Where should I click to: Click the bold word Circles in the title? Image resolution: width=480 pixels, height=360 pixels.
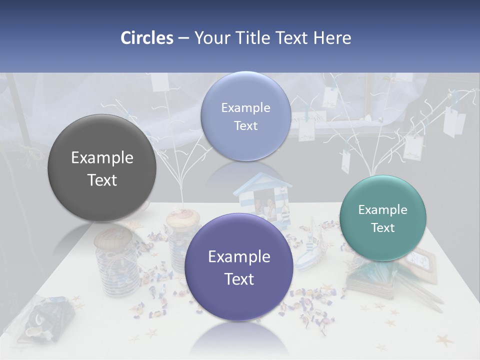click(x=146, y=38)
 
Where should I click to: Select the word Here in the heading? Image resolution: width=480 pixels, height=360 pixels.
click(x=332, y=38)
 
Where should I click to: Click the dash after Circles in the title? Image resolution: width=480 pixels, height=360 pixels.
click(x=183, y=38)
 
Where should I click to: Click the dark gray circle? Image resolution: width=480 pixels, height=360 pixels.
click(x=102, y=168)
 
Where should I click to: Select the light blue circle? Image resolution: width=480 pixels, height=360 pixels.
click(x=245, y=116)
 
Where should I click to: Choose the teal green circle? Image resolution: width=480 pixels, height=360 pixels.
click(x=383, y=218)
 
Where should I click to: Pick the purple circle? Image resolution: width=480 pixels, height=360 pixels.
click(x=239, y=267)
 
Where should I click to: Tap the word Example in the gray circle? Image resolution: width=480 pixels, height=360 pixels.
click(x=102, y=158)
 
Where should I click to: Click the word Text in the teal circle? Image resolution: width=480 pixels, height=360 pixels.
click(x=383, y=228)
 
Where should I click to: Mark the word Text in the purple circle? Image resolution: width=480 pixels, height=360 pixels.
click(x=239, y=279)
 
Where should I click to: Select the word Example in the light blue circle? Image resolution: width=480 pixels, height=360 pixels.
click(x=245, y=107)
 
